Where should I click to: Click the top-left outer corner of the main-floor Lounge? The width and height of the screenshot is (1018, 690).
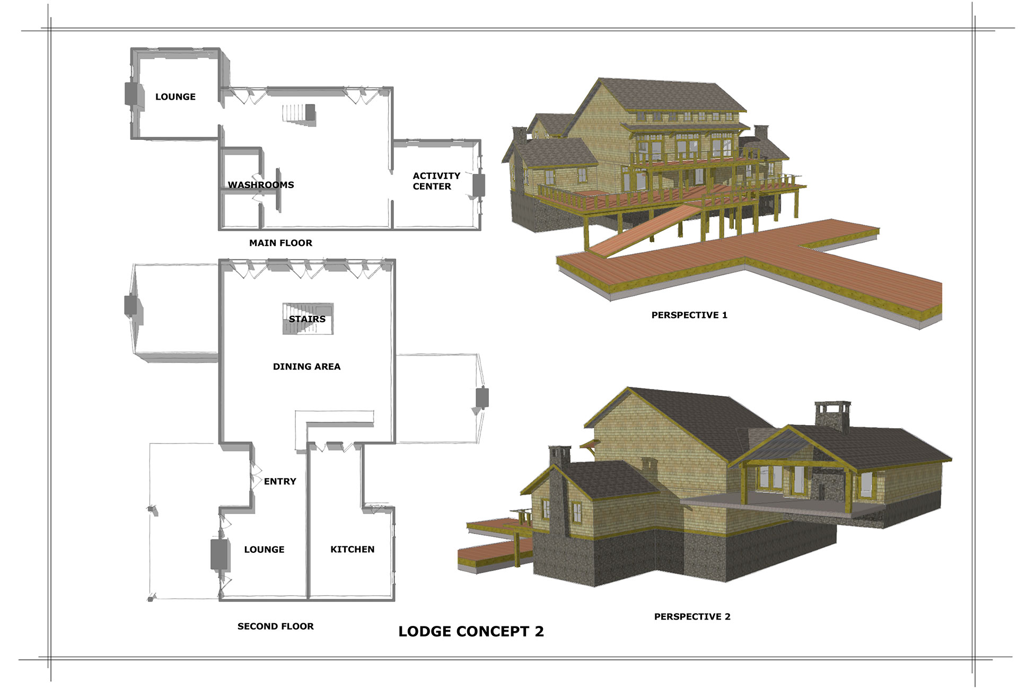tap(131, 49)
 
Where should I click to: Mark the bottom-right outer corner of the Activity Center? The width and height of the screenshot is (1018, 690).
tap(480, 229)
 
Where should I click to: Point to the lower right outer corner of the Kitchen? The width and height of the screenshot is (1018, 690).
tap(394, 600)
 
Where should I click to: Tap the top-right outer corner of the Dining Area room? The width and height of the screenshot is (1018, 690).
tap(395, 260)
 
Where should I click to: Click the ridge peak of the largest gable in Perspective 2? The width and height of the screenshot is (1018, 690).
tap(628, 387)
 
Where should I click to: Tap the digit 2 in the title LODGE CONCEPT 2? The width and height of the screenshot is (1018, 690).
tap(539, 632)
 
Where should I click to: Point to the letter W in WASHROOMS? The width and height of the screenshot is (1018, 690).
tap(233, 185)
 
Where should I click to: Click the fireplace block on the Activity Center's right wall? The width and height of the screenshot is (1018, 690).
tap(479, 185)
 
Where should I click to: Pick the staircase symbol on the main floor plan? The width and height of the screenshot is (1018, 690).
tap(299, 114)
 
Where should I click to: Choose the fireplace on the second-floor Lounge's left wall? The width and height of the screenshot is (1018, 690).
tap(219, 554)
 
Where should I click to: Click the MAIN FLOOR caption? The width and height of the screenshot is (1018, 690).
tap(281, 243)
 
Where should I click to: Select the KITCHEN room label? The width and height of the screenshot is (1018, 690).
tap(353, 550)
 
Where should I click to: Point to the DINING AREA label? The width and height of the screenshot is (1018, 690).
tap(307, 367)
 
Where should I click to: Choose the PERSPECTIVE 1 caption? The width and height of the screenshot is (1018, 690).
tap(689, 315)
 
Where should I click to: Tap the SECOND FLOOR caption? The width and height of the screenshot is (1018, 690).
tap(276, 626)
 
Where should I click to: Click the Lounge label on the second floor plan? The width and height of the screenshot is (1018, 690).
tap(265, 550)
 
